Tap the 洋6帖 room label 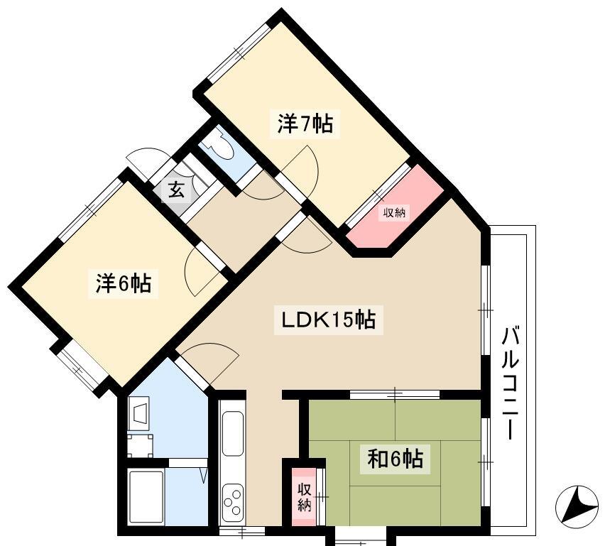point(124,283)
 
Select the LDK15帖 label point(328,320)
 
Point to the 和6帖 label point(395,459)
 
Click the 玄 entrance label point(176,190)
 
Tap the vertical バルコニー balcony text point(510,383)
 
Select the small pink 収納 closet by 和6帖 point(304,497)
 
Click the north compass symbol point(577,504)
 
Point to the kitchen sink point(233,433)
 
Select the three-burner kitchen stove point(233,501)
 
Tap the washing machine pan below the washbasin point(140,445)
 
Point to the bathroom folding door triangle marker point(204,476)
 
